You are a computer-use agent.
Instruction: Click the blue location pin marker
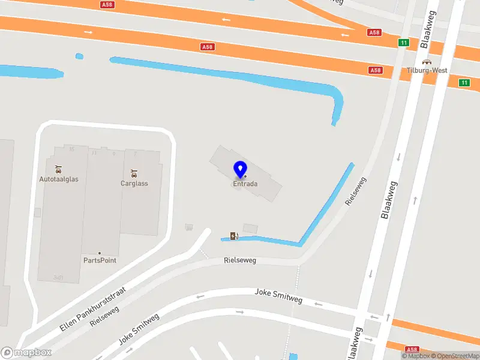[241, 170]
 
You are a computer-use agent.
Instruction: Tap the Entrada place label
[245, 184]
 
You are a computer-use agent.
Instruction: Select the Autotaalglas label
[59, 179]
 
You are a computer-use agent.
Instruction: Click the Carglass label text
[134, 183]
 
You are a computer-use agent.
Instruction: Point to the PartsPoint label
[100, 260]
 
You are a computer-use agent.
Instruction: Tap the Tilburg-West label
[427, 70]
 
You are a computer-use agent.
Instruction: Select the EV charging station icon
[233, 236]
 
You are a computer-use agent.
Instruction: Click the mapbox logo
[26, 352]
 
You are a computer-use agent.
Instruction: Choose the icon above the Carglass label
[134, 173]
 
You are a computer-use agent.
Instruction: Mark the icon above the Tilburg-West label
[427, 61]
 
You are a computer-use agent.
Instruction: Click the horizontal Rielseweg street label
[240, 260]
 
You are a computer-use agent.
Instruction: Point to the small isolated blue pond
[79, 56]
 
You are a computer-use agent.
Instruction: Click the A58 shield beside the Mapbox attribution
[412, 349]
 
